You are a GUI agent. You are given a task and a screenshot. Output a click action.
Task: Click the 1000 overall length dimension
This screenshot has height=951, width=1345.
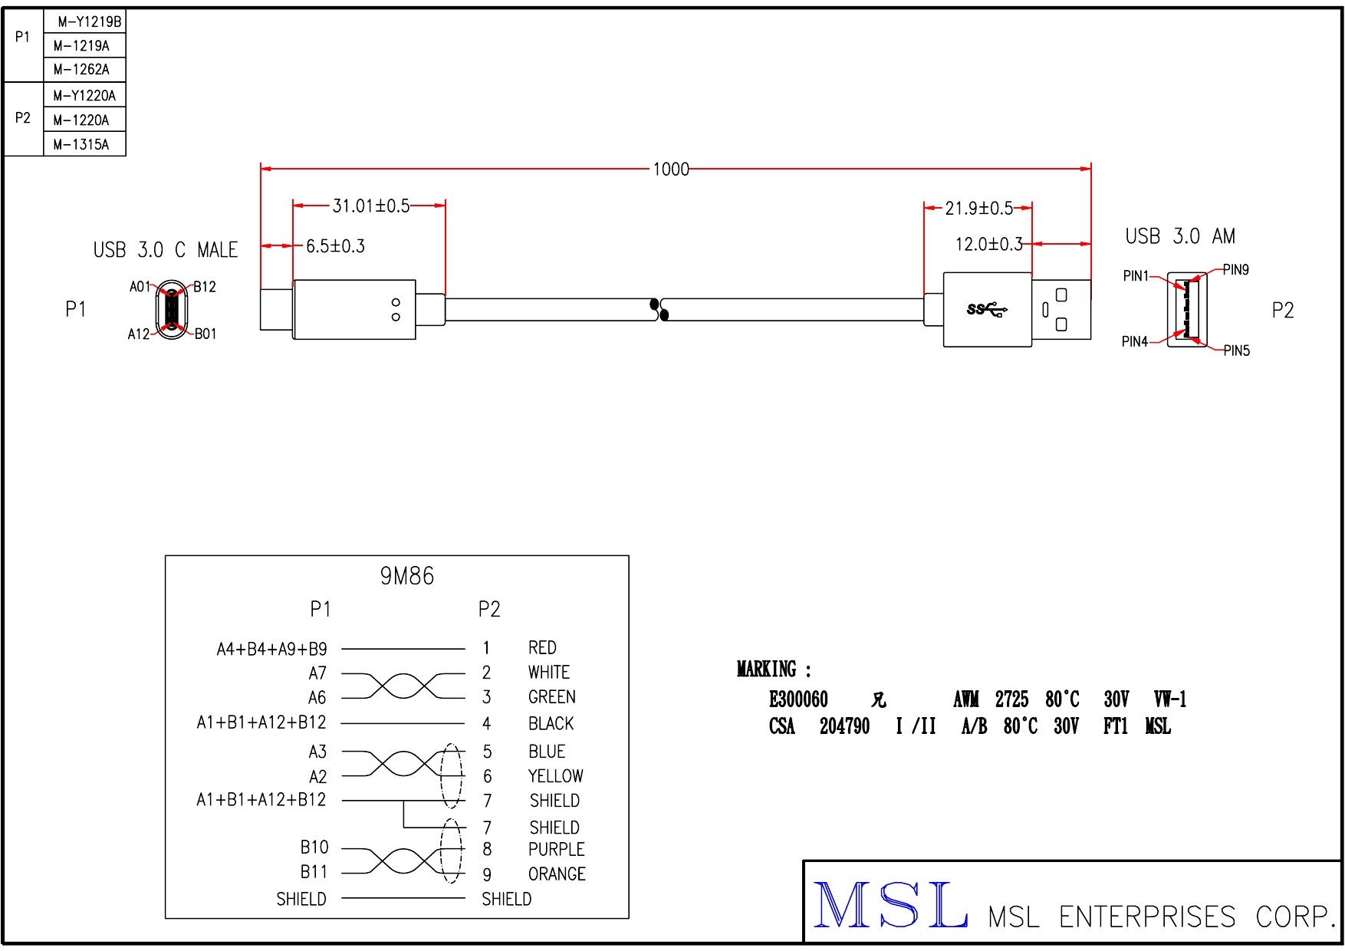[x=671, y=169]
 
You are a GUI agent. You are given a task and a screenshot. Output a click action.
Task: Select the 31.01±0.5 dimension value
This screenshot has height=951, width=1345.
[x=370, y=206]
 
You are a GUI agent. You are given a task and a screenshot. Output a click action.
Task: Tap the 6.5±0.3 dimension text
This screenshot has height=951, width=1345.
[x=335, y=246]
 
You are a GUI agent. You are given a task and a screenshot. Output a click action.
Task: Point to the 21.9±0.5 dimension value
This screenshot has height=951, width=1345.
[x=978, y=209]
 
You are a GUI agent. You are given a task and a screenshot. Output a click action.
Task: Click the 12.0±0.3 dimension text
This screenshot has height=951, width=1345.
[x=988, y=245]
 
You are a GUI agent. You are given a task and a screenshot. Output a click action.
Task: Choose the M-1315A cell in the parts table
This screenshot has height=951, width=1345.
[x=81, y=144]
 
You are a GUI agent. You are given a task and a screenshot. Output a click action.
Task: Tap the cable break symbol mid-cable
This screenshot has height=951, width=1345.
[x=659, y=309]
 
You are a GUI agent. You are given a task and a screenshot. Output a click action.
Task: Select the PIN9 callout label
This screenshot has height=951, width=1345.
[x=1235, y=270]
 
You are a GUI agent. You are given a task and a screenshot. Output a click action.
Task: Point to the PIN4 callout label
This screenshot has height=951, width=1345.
[x=1134, y=342]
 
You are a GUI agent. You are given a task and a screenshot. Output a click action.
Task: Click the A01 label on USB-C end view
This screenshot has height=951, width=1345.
[x=140, y=287]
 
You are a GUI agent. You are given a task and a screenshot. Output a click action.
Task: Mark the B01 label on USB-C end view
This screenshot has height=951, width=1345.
[x=206, y=334]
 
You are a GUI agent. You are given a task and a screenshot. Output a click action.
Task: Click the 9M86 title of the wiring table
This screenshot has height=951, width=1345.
[x=407, y=576]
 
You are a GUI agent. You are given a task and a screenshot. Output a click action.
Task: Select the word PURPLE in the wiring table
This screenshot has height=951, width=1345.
[x=556, y=850]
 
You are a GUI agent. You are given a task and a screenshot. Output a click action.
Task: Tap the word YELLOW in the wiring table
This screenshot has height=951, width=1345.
[x=555, y=776]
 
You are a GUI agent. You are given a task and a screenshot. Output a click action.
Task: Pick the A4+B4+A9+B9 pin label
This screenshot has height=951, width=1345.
[x=271, y=650]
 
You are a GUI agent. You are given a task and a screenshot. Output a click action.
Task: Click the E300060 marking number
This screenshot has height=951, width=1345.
[x=798, y=699]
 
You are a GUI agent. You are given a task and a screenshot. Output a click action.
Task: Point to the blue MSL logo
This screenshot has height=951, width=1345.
[x=890, y=906]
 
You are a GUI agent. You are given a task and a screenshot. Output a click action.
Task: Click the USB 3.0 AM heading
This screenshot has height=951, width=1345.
[x=1180, y=236]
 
